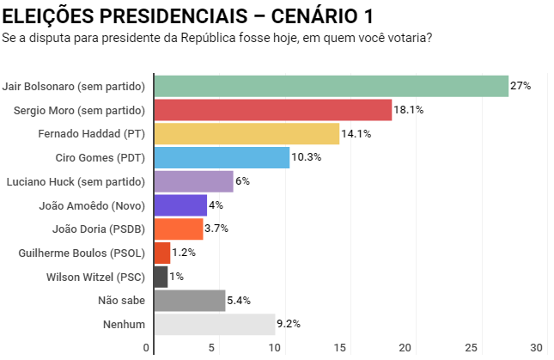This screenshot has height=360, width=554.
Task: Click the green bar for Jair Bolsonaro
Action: tap(331, 86)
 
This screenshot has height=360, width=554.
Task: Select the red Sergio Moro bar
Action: tap(272, 110)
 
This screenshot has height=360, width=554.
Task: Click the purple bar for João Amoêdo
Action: tap(180, 205)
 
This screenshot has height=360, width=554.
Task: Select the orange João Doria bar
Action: tap(179, 229)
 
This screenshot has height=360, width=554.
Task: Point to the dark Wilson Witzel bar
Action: tap(161, 277)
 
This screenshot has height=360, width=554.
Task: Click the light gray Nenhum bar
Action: tap(214, 324)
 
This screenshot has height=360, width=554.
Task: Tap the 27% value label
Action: tap(521, 86)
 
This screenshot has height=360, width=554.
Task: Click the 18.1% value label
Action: tap(409, 110)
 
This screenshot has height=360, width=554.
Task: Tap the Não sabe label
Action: tap(122, 301)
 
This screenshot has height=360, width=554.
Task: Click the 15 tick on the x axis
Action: tap(341, 348)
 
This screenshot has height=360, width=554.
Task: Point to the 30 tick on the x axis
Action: tap(538, 348)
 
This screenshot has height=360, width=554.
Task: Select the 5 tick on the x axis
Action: tap(211, 348)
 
